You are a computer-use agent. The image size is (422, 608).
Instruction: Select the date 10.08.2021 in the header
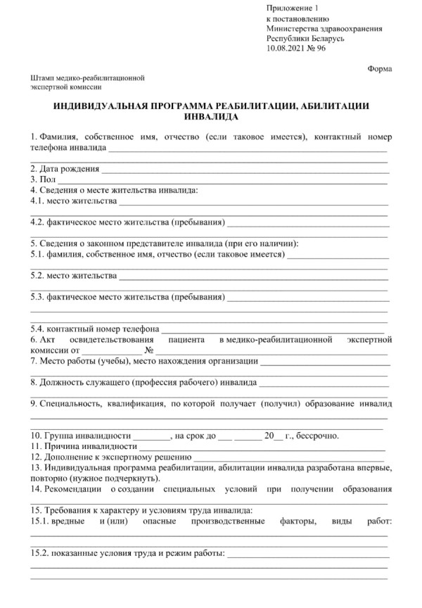tap(286, 49)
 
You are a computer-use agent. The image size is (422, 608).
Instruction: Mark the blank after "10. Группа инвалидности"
tap(151, 436)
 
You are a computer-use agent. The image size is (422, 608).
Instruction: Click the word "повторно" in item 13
tap(48, 478)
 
